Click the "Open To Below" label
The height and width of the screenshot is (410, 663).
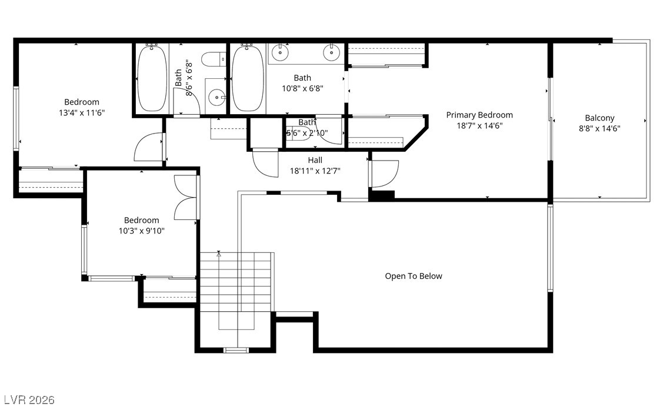click(413, 276)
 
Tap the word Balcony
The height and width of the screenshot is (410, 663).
click(599, 118)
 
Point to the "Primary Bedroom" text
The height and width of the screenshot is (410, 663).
click(479, 115)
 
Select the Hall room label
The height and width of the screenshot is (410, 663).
click(315, 160)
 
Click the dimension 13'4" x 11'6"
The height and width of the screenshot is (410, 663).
click(82, 112)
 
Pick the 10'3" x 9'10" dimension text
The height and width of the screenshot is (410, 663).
click(142, 231)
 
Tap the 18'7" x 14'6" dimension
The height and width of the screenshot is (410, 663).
click(479, 125)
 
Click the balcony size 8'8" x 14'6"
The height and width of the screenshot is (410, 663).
click(599, 128)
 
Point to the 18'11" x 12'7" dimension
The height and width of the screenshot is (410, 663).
click(315, 171)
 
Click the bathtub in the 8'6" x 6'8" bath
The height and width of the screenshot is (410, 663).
click(152, 79)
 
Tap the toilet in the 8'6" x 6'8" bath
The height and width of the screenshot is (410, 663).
click(214, 59)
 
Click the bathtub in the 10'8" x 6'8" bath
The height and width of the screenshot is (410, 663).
click(248, 79)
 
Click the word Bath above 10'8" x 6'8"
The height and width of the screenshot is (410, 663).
click(302, 78)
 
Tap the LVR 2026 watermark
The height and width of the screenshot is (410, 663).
click(29, 399)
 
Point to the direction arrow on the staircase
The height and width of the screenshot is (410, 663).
click(219, 254)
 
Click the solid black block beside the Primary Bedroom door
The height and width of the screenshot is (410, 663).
click(382, 196)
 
